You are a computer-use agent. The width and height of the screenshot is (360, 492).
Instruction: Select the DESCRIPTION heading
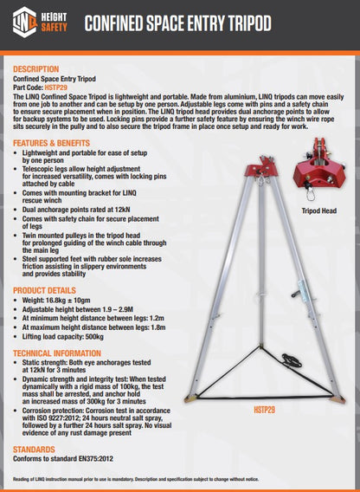click(x=36, y=68)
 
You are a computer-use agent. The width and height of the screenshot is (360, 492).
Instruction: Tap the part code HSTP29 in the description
click(x=55, y=87)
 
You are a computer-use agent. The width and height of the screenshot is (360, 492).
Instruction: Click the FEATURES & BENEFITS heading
click(x=52, y=142)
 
